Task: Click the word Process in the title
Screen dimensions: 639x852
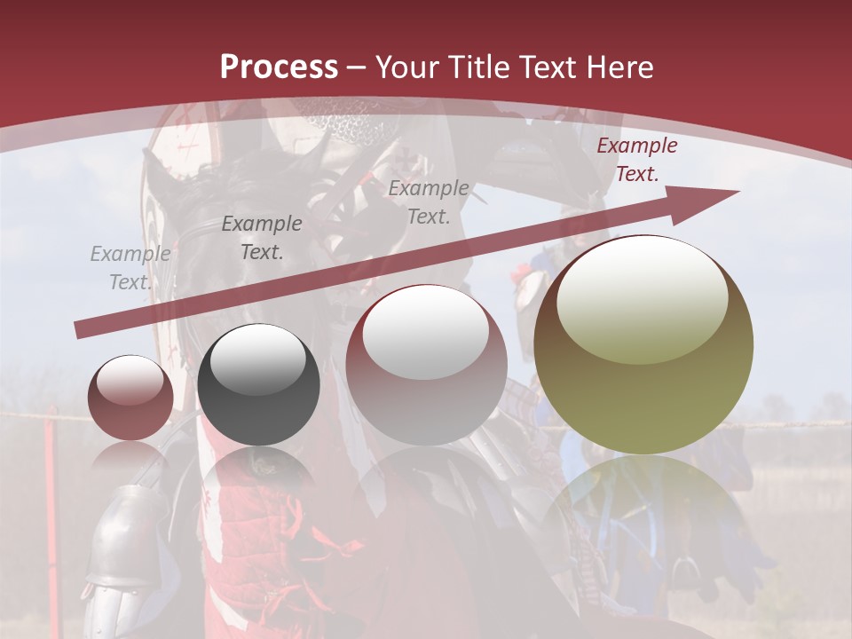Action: [279, 67]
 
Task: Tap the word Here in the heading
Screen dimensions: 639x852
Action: [618, 67]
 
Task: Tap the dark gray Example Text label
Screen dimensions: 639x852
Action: [262, 238]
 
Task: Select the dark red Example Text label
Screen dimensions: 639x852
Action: [637, 160]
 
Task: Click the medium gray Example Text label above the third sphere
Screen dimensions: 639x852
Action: [429, 201]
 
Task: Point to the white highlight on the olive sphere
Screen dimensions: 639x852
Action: [643, 297]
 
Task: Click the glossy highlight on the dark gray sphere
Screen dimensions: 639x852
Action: [258, 359]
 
